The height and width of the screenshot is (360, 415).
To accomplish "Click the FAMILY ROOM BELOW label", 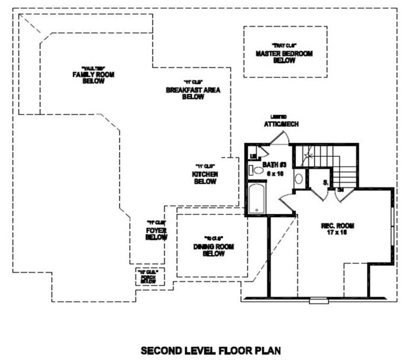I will [x=93, y=78].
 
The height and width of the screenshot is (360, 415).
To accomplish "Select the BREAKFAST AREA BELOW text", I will [x=185, y=93].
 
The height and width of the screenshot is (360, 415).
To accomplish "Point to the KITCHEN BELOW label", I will [x=205, y=177].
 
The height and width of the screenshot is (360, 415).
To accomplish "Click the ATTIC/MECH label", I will [x=280, y=125].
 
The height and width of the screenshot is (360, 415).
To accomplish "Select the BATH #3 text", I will [x=274, y=164].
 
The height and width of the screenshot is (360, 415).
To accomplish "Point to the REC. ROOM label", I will [x=337, y=225].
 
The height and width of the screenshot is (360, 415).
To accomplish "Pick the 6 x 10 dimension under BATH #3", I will [x=274, y=173].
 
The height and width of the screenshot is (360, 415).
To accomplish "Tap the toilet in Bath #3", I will [x=256, y=170].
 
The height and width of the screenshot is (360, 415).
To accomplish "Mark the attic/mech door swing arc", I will [x=280, y=137].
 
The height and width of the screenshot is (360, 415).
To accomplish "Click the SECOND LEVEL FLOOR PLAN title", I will [x=207, y=350].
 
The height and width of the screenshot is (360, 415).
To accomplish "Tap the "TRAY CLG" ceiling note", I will [x=284, y=46].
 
